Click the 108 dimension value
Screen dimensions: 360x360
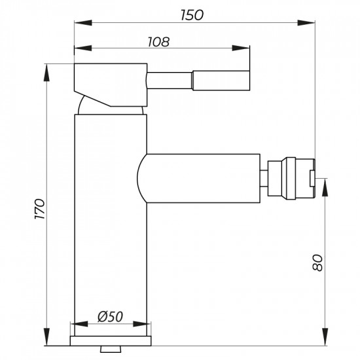coord(159,41)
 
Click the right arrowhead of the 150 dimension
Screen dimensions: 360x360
coord(311,23)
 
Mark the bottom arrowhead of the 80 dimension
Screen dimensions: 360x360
coord(326,340)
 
